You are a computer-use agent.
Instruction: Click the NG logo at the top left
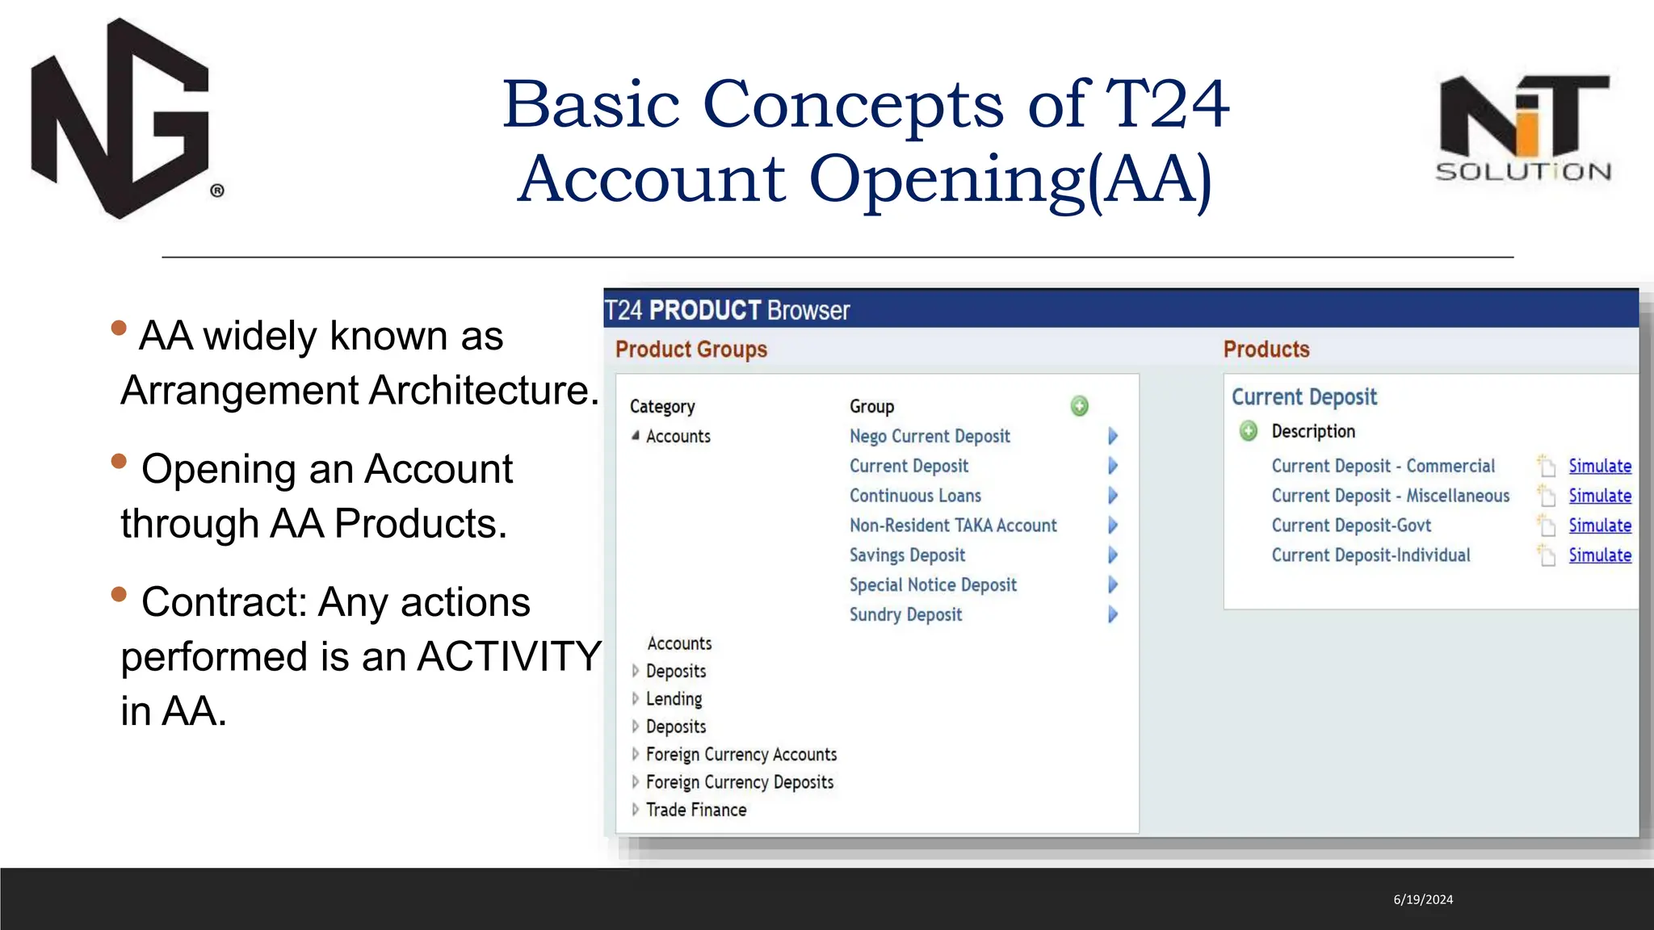(121, 119)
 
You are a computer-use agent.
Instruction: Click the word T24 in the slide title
(1166, 105)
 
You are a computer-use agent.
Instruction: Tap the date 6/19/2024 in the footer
(1423, 899)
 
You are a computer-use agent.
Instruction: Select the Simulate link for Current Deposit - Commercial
(1599, 466)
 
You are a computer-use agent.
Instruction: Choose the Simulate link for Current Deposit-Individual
(1599, 555)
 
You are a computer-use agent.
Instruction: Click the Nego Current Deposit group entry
(929, 437)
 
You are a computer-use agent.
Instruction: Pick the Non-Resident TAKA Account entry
(952, 526)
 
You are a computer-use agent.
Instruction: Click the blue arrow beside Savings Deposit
(1112, 555)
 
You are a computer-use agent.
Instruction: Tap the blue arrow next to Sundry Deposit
(1112, 615)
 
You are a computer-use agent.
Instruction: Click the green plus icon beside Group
(1079, 406)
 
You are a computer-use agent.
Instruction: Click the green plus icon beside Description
(1248, 431)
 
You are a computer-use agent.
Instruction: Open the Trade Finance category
(695, 810)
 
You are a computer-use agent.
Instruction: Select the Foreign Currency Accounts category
(741, 755)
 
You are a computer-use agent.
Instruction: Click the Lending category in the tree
(674, 699)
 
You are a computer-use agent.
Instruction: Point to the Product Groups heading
(691, 350)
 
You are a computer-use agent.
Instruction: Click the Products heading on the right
(1266, 350)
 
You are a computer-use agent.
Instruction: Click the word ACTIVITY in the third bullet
(509, 656)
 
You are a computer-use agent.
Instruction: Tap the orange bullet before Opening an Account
(120, 461)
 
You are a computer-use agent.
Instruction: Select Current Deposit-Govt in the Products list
(1350, 526)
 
